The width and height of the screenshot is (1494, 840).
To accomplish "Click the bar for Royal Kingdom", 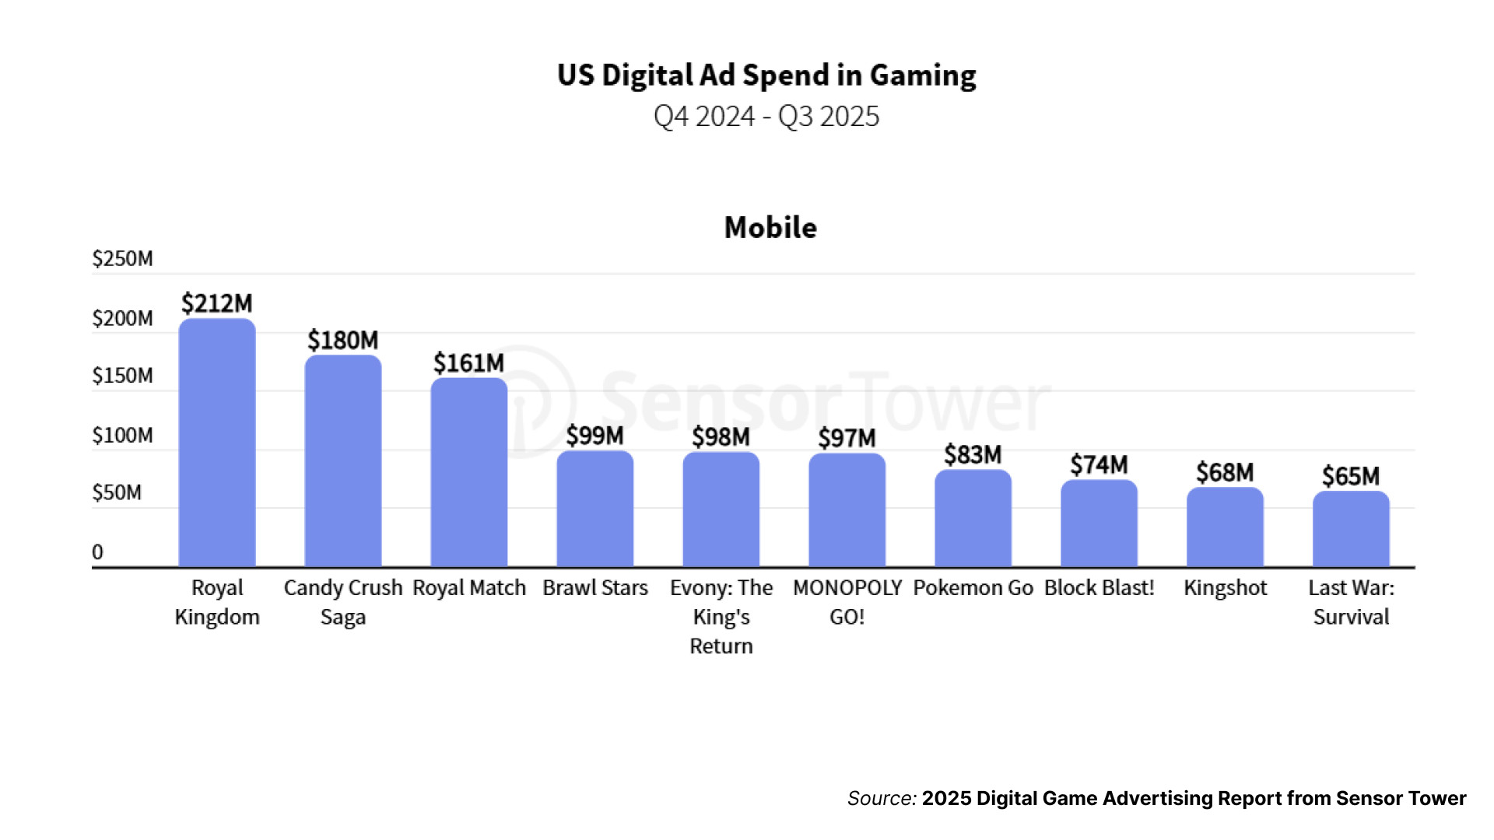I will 217,443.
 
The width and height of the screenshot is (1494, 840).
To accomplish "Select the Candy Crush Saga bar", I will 343,461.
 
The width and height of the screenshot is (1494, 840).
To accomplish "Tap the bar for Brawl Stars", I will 595,509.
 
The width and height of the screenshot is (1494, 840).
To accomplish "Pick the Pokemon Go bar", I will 973,518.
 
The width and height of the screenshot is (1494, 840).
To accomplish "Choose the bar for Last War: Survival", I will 1351,529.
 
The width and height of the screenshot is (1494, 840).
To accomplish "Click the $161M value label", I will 468,363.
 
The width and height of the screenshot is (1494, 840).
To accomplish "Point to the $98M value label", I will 721,437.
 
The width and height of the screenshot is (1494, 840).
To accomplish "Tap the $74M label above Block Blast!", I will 1099,465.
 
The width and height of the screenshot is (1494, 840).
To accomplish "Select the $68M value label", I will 1225,473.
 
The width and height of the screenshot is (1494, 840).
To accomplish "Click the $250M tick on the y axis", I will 122,259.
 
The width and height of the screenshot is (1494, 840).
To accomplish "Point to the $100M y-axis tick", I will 122,436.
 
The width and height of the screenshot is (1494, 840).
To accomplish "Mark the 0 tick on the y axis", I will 97,552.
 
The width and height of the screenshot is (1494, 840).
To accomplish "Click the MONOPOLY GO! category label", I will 847,602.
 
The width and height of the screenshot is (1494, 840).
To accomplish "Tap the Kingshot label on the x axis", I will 1225,588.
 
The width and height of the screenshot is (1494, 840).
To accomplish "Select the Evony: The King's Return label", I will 721,617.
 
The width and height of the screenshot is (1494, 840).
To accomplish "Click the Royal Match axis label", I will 468,588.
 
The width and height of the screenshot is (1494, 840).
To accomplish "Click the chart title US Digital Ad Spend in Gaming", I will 766,75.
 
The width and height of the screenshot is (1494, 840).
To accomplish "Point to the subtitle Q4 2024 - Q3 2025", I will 766,117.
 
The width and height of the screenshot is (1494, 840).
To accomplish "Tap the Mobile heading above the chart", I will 770,228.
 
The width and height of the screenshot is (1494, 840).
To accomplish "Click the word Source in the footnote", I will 881,799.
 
